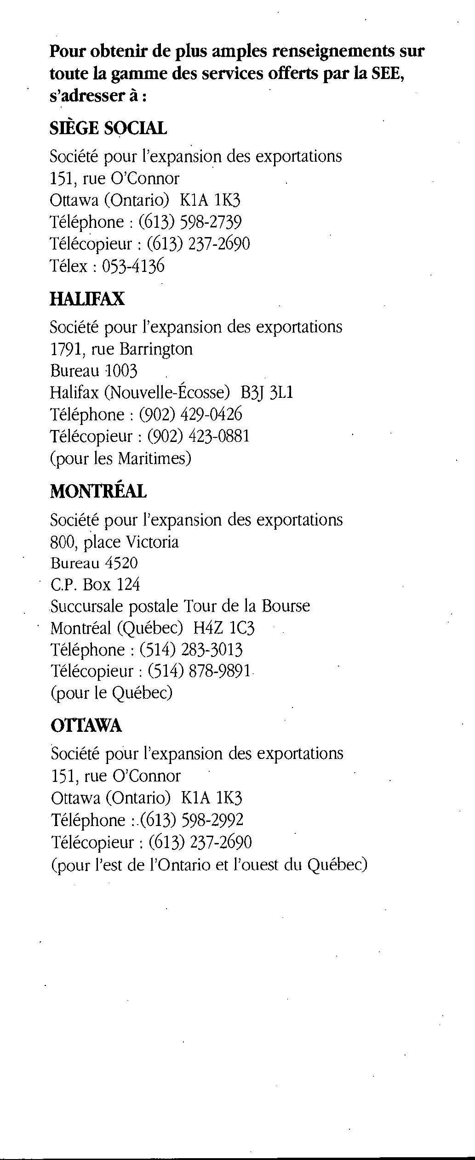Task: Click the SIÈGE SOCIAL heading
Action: click(x=108, y=128)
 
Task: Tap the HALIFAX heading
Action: click(x=87, y=299)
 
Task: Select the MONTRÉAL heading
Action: click(x=98, y=492)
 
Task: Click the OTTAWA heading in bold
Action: click(x=86, y=726)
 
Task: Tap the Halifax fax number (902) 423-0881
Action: click(x=198, y=436)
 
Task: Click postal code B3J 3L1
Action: click(x=267, y=393)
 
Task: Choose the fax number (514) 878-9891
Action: click(x=199, y=671)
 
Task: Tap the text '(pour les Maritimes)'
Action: click(x=120, y=458)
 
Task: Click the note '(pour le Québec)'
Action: click(x=111, y=693)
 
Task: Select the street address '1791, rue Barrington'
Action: click(x=121, y=349)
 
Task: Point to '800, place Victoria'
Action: click(x=114, y=542)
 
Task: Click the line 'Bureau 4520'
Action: click(x=94, y=563)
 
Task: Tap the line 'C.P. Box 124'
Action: click(x=95, y=585)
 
